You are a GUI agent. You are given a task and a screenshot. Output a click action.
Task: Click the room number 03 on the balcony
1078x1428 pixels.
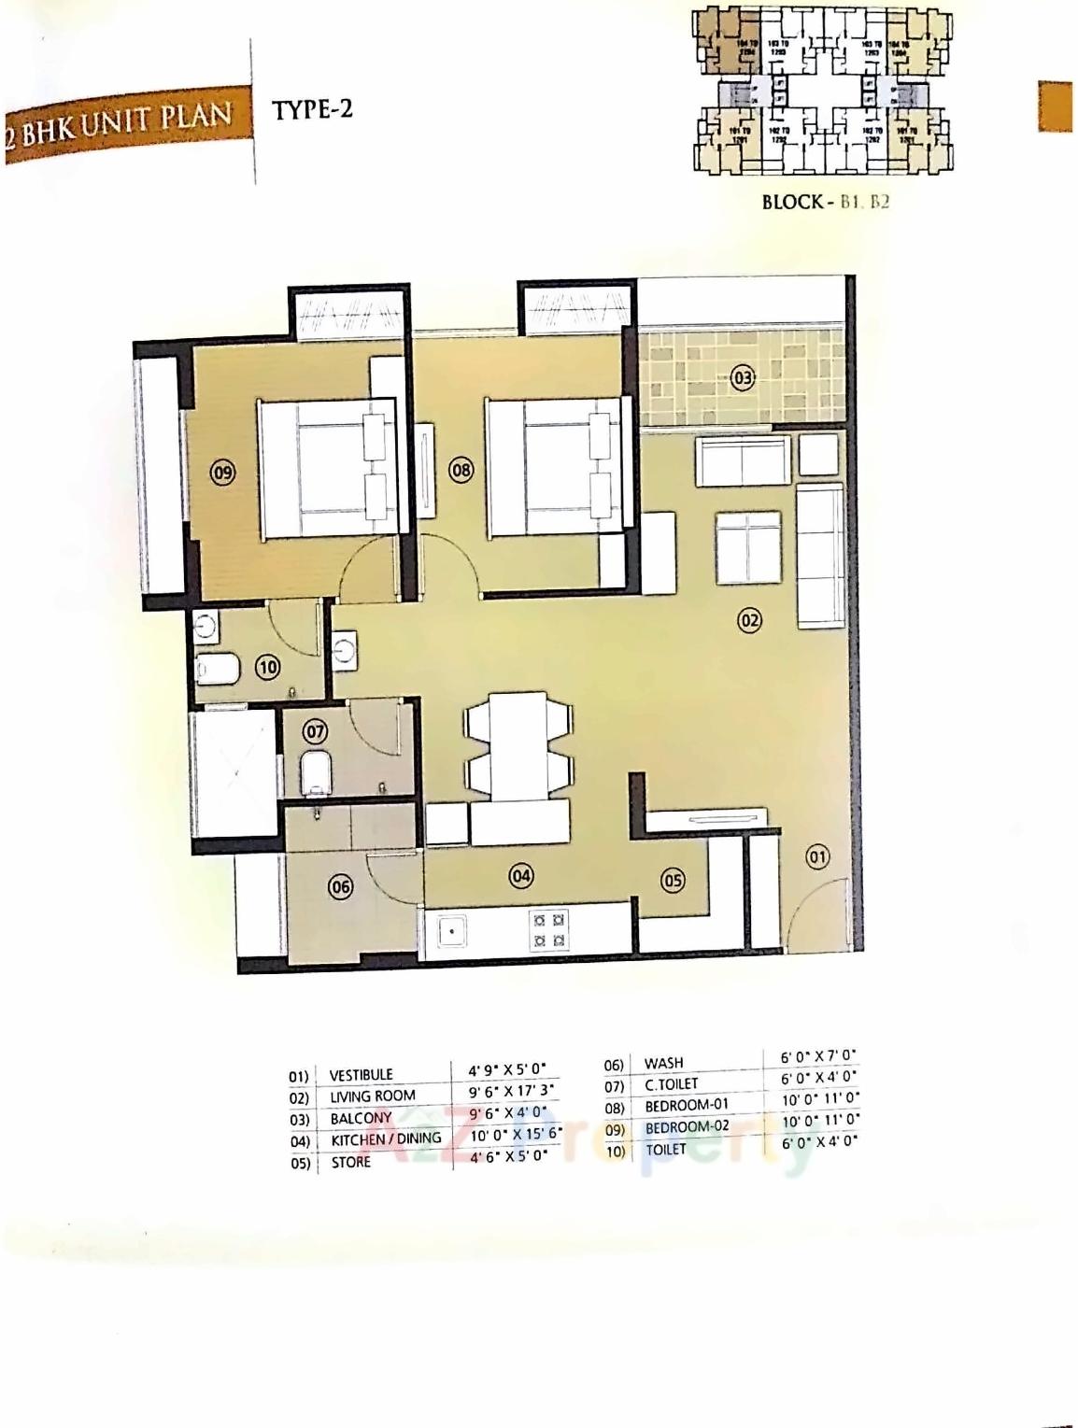(x=742, y=378)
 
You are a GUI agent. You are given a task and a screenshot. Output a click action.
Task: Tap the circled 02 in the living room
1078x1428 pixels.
(x=749, y=619)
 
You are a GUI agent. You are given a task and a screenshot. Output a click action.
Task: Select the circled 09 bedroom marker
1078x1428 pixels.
(x=222, y=473)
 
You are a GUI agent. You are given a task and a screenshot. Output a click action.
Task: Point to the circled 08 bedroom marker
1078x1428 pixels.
(x=461, y=470)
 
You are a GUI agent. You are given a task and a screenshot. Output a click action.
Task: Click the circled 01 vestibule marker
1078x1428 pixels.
(x=817, y=855)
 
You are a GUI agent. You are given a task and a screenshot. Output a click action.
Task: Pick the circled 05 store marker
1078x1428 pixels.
(x=672, y=880)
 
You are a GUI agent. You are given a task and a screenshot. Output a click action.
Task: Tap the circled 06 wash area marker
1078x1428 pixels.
(x=341, y=885)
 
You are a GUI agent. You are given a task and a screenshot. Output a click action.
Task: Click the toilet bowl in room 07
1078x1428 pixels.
(x=316, y=772)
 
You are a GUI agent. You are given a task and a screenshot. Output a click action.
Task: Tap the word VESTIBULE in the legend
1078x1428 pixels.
(x=361, y=1075)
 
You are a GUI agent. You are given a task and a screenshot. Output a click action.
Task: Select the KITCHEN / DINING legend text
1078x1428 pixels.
(x=386, y=1139)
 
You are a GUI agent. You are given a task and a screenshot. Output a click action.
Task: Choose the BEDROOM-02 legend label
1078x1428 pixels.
(x=687, y=1127)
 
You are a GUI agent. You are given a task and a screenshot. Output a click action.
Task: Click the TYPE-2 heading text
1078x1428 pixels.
(x=312, y=109)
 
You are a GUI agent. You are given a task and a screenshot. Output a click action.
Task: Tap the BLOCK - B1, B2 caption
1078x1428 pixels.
(x=825, y=202)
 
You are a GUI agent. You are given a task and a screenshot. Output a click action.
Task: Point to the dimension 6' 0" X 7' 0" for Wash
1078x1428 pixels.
(x=818, y=1057)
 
